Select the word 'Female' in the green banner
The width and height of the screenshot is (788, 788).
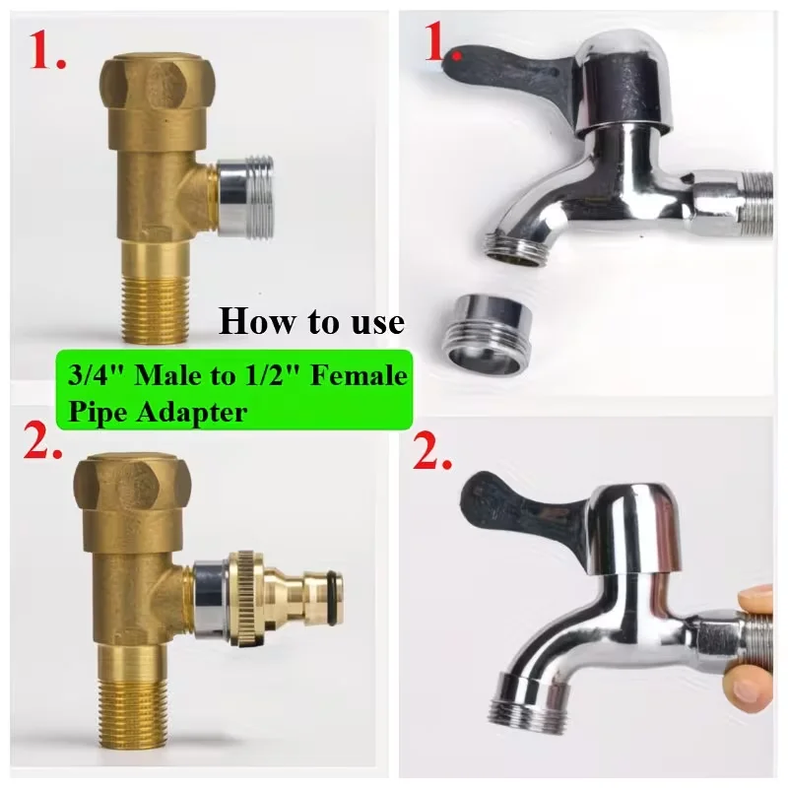(x=359, y=375)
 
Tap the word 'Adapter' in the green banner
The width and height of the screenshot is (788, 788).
(x=192, y=413)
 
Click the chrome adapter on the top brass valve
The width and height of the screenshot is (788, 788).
(x=244, y=196)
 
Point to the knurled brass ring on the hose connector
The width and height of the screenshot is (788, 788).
(x=248, y=598)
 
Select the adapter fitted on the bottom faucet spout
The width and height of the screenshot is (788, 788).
(x=524, y=702)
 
